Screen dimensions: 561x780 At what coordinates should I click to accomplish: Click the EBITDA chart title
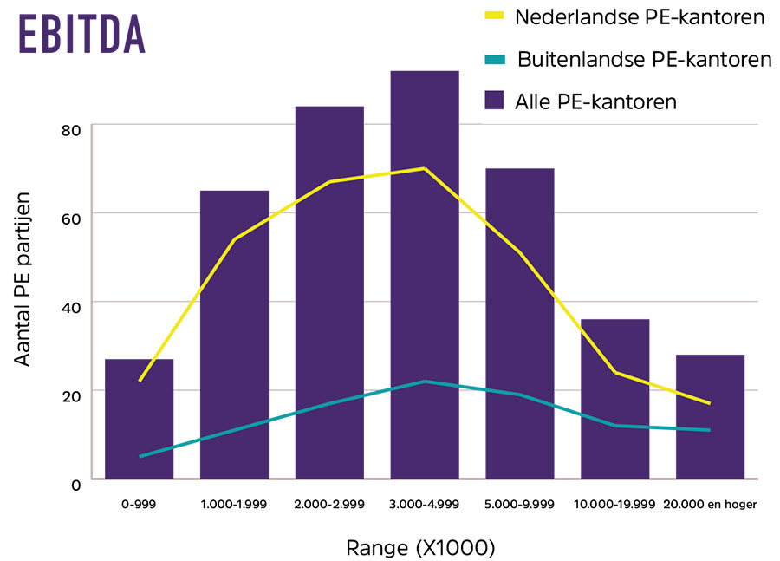click(81, 35)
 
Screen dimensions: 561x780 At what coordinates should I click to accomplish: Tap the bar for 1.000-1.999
click(234, 347)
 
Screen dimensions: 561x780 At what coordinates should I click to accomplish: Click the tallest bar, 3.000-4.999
click(425, 277)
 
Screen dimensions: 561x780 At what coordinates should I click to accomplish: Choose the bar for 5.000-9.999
click(520, 329)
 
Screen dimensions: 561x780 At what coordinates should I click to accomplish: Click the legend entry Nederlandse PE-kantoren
click(640, 16)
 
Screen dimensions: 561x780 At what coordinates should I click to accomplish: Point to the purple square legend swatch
click(494, 101)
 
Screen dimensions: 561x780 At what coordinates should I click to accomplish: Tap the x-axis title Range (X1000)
click(420, 547)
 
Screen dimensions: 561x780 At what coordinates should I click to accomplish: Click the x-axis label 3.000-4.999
click(425, 504)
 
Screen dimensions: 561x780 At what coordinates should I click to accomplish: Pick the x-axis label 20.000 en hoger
click(710, 504)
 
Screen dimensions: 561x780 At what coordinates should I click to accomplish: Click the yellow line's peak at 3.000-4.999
click(425, 168)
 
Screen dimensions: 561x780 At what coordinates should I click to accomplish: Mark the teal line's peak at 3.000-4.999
click(425, 381)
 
